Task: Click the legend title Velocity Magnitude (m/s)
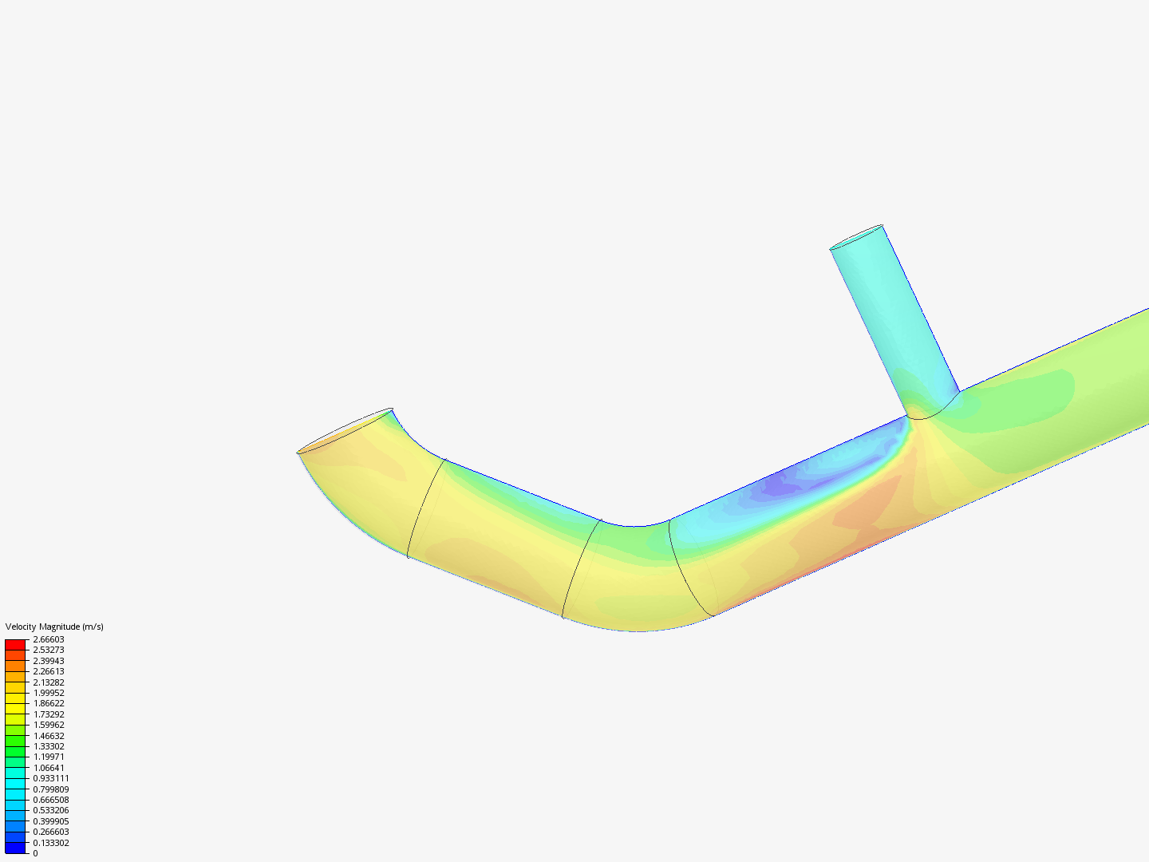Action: (x=54, y=627)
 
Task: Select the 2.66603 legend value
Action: (x=49, y=639)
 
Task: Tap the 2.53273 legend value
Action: (x=49, y=650)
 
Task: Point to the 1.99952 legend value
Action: (x=49, y=693)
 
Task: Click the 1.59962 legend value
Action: (x=49, y=725)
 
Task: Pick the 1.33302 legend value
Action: (x=49, y=746)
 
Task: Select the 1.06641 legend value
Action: (x=49, y=768)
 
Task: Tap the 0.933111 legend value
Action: (x=51, y=778)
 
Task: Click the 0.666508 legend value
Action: (x=51, y=800)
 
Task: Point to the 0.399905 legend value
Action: (x=51, y=821)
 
